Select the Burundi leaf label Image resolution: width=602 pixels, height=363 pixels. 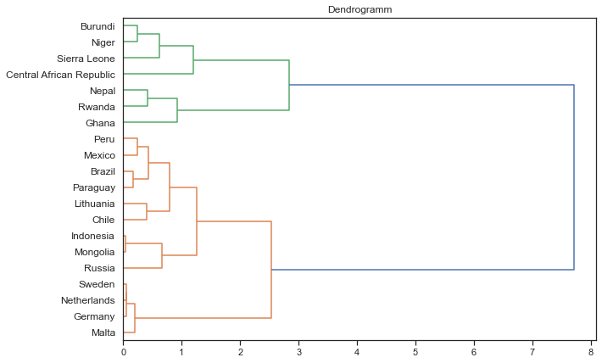[98, 26]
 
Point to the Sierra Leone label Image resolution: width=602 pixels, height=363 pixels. [86, 59]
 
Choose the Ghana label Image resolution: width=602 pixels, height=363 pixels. [100, 123]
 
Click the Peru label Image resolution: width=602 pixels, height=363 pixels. [104, 139]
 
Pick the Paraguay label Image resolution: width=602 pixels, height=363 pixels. [93, 187]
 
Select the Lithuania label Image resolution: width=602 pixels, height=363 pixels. [94, 204]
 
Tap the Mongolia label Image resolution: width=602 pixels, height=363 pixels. [93, 252]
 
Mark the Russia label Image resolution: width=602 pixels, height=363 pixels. [99, 268]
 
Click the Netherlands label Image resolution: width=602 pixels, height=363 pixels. [88, 300]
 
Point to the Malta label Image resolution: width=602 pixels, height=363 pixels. [103, 332]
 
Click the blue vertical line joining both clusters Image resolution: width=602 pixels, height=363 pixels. [574, 177]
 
